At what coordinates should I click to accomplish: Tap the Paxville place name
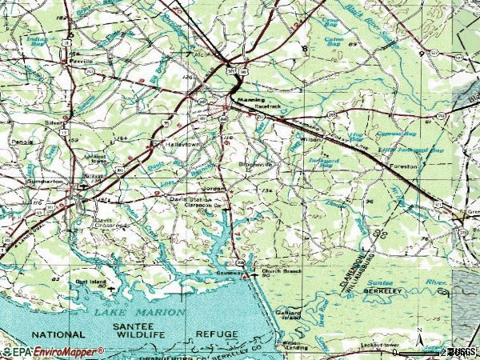pos(82,59)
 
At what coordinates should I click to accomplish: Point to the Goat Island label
pos(90,282)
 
